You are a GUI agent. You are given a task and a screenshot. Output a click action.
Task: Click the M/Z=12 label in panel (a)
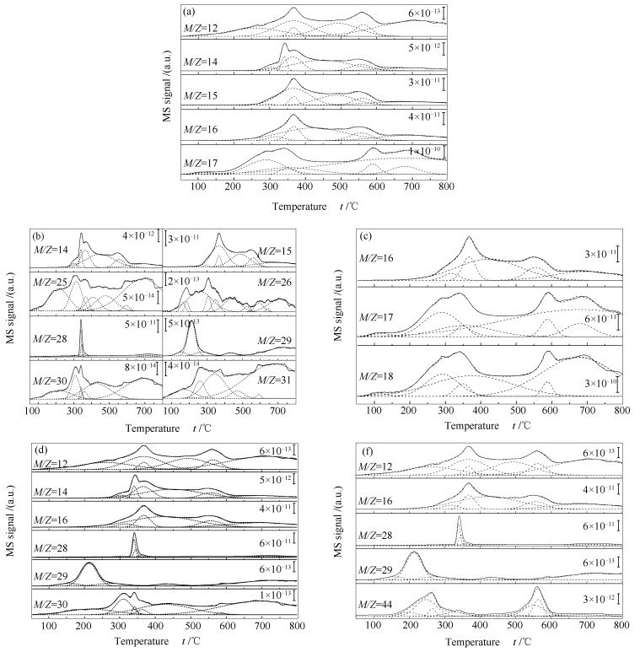pos(202,29)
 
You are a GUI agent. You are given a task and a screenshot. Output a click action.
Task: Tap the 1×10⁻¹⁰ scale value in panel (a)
pos(426,152)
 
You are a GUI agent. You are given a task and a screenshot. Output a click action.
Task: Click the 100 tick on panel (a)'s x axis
pos(199,187)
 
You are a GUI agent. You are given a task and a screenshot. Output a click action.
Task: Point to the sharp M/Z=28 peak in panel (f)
pos(459,518)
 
